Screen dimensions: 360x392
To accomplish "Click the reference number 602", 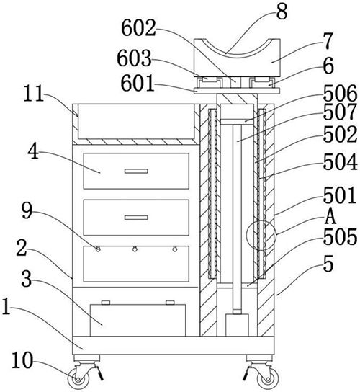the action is click(138, 28).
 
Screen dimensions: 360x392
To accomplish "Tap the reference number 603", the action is click(135, 58).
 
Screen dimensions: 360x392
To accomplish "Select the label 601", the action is click(138, 84).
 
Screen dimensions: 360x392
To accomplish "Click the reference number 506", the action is click(340, 93).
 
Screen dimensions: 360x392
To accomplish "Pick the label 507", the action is click(340, 112).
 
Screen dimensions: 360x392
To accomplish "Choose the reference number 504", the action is click(341, 162).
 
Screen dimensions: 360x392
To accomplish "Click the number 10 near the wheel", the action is click(22, 360).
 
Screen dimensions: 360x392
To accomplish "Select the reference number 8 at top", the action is click(282, 12).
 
